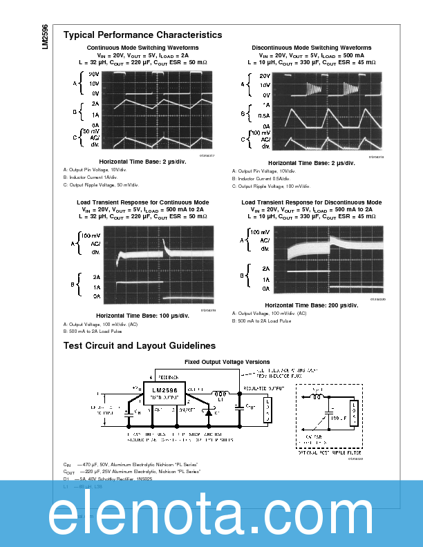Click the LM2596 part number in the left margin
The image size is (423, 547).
(x=45, y=37)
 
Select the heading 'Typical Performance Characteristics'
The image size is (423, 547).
(x=142, y=35)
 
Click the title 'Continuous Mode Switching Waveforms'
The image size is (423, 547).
(x=141, y=48)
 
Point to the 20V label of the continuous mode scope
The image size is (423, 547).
(x=95, y=73)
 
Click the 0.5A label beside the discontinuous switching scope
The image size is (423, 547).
(x=264, y=115)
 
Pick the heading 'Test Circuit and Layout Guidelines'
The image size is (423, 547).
(x=139, y=345)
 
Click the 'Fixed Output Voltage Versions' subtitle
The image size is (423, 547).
(x=227, y=362)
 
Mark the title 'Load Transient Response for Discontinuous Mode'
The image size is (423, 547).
(x=311, y=202)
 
